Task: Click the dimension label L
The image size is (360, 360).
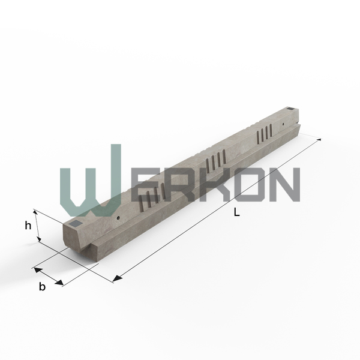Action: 236,212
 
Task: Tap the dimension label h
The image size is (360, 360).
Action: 28,226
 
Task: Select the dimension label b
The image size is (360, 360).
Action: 42,287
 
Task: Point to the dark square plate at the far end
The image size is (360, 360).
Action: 290,109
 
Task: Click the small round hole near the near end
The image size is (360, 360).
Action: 118,217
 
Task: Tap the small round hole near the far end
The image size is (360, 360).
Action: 284,124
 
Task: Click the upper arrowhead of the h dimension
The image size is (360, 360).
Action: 35,212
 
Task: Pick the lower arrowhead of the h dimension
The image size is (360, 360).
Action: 39,239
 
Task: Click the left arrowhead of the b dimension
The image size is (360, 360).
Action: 38,270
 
